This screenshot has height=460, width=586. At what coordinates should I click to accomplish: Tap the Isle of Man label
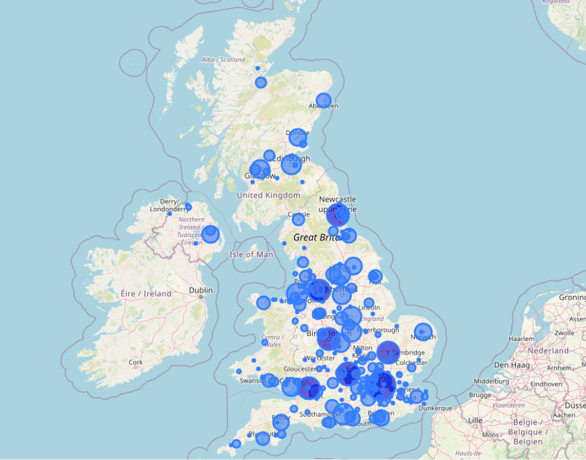(x=251, y=254)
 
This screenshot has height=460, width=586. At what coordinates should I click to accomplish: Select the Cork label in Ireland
(x=135, y=362)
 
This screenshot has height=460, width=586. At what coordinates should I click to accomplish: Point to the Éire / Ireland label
(x=145, y=293)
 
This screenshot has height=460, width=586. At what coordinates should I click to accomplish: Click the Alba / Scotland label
(x=223, y=60)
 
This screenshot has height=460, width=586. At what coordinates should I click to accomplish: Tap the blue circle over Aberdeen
(x=323, y=100)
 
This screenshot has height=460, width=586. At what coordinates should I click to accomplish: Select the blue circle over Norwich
(x=423, y=332)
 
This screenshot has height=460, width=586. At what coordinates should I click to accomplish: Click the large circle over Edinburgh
(x=291, y=164)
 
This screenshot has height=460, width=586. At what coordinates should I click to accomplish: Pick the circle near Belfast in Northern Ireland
(x=211, y=234)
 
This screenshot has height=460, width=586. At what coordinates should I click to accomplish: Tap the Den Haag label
(x=511, y=364)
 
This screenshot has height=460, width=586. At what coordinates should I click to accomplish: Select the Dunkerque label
(x=435, y=408)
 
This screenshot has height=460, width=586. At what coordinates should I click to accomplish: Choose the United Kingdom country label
(x=268, y=195)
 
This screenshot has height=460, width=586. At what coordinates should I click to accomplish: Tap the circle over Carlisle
(x=298, y=219)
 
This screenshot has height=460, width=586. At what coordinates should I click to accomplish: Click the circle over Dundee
(x=297, y=137)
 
